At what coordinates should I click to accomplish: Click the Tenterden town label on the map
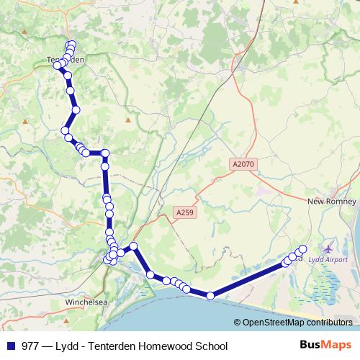66,60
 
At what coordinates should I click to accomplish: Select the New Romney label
328,202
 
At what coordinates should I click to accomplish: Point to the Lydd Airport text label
328,260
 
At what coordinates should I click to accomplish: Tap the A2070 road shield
243,164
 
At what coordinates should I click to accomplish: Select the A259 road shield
185,212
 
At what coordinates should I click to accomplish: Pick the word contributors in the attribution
328,323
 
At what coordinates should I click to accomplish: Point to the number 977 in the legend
31,346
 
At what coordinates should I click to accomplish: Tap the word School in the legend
211,346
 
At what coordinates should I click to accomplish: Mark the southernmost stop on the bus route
210,295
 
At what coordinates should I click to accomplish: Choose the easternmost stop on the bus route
302,249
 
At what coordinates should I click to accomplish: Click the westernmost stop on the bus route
57,66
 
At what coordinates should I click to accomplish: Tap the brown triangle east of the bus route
127,120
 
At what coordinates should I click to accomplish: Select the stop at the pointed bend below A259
133,248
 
